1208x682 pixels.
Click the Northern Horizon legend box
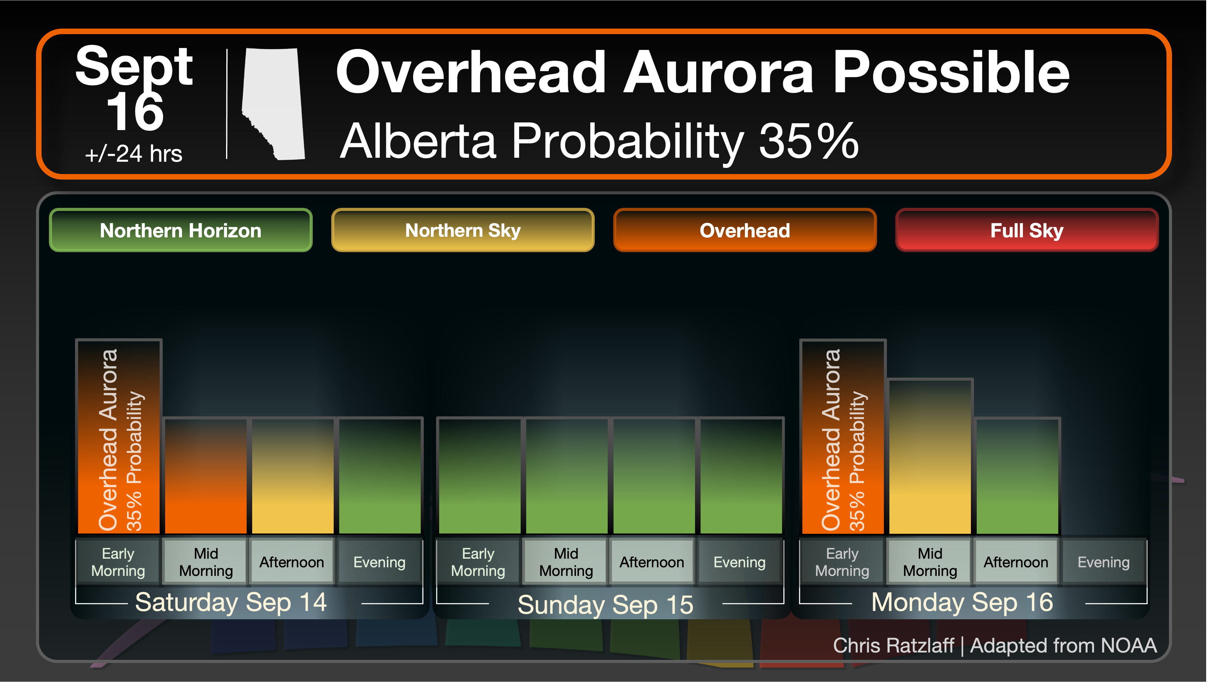(181, 230)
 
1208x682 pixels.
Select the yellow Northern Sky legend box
(463, 230)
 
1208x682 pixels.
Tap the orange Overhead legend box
(745, 230)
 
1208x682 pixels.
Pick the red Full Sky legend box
(1027, 230)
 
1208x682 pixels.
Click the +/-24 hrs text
(134, 154)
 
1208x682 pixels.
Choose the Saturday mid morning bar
(206, 476)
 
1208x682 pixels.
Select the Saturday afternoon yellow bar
(293, 476)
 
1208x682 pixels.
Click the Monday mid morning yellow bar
(930, 457)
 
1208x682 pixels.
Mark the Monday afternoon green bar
(1017, 476)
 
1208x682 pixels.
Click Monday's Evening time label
(1103, 562)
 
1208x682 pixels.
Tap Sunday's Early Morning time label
(478, 562)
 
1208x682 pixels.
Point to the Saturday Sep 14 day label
(231, 602)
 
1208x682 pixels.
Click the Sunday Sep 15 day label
(606, 605)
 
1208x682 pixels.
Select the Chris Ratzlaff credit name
(893, 645)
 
